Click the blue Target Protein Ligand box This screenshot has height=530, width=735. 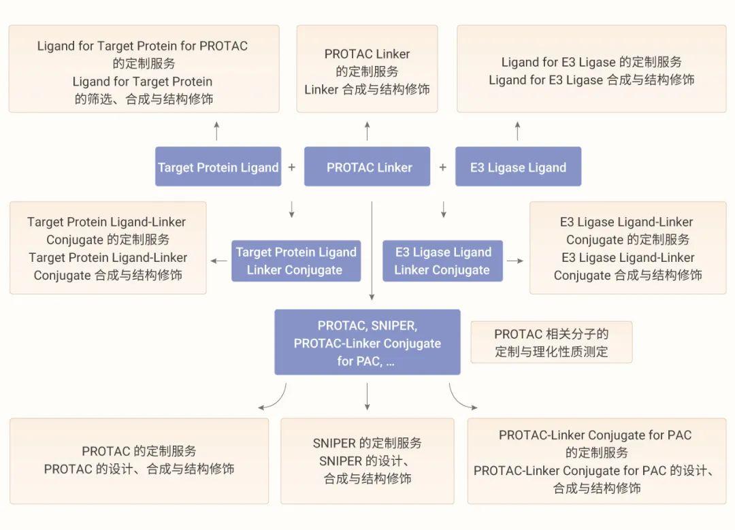[x=218, y=167]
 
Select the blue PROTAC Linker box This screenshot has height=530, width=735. [x=367, y=167]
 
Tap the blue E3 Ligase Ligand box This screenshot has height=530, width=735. [x=518, y=167]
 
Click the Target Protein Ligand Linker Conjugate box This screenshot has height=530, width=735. [x=295, y=261]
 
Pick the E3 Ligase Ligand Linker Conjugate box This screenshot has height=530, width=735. [x=442, y=261]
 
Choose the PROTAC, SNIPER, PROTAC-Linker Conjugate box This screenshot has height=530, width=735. [x=367, y=342]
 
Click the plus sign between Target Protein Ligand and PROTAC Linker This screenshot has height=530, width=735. [x=292, y=167]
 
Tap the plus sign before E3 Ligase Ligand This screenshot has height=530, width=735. [x=442, y=167]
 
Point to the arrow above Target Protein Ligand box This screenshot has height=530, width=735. [x=216, y=130]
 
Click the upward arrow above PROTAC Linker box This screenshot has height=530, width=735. [x=367, y=130]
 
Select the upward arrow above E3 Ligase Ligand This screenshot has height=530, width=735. [x=518, y=130]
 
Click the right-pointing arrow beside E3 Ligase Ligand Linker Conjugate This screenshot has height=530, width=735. [x=515, y=261]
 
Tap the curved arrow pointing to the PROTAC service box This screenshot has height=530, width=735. [x=274, y=399]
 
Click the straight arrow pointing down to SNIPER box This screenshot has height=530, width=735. [x=367, y=396]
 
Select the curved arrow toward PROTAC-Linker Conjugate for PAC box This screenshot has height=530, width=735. [x=461, y=399]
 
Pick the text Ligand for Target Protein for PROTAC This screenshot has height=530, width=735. [x=142, y=46]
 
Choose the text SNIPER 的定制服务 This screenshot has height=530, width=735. [x=367, y=443]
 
